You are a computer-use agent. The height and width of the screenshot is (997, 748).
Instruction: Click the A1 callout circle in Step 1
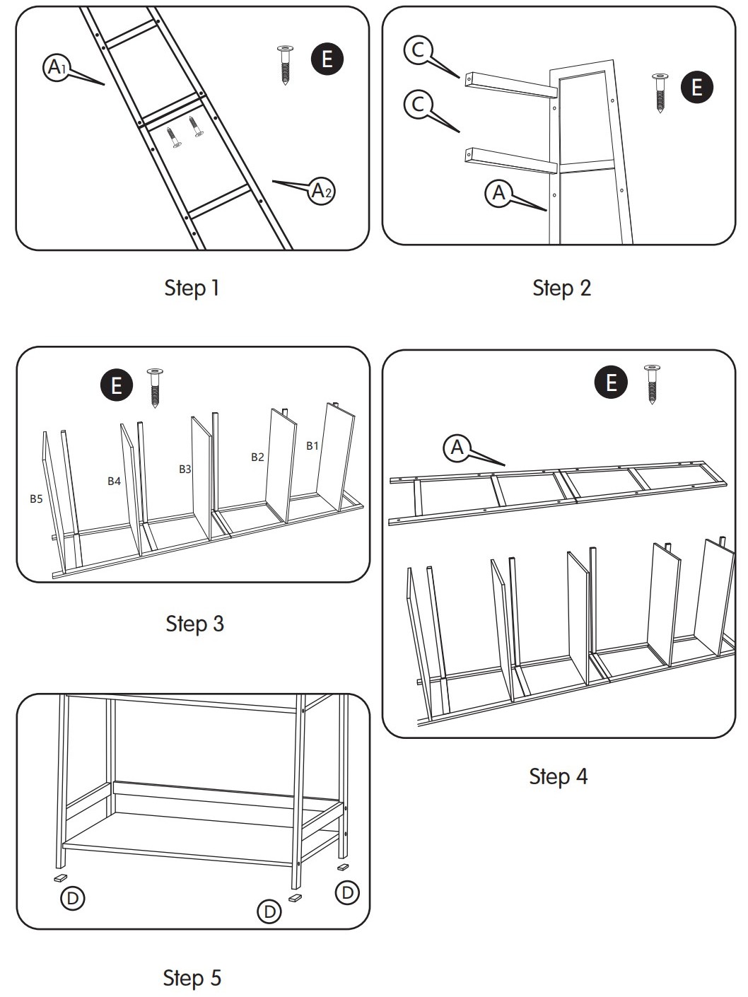(55, 68)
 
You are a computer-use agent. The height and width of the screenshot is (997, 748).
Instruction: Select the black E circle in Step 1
(327, 58)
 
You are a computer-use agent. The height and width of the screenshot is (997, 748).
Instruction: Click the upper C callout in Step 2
(418, 49)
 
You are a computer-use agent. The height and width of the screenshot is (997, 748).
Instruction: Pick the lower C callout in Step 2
(418, 105)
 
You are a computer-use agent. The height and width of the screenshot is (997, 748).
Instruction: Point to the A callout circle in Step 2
(499, 192)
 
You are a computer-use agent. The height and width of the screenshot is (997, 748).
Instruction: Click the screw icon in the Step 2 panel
(661, 93)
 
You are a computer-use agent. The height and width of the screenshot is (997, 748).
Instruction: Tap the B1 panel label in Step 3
(312, 445)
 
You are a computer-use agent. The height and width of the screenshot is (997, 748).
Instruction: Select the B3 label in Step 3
(185, 469)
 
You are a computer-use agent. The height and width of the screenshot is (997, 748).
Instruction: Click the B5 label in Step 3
(36, 498)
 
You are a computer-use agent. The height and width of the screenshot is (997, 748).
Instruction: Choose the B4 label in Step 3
(114, 481)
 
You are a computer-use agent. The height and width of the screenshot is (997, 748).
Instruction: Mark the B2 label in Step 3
(257, 457)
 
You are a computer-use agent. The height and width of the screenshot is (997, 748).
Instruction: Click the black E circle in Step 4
(612, 383)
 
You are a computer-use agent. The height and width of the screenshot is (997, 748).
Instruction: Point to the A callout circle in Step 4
(457, 447)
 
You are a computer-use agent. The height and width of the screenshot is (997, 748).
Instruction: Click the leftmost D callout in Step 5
(72, 898)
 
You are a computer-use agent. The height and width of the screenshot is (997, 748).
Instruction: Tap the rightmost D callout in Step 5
(347, 892)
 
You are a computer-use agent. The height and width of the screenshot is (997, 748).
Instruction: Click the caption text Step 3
(194, 623)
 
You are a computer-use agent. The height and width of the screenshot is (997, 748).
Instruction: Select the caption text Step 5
(192, 978)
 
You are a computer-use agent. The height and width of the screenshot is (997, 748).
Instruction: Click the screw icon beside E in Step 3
(154, 387)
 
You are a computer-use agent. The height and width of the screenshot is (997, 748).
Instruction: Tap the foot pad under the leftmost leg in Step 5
(60, 877)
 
